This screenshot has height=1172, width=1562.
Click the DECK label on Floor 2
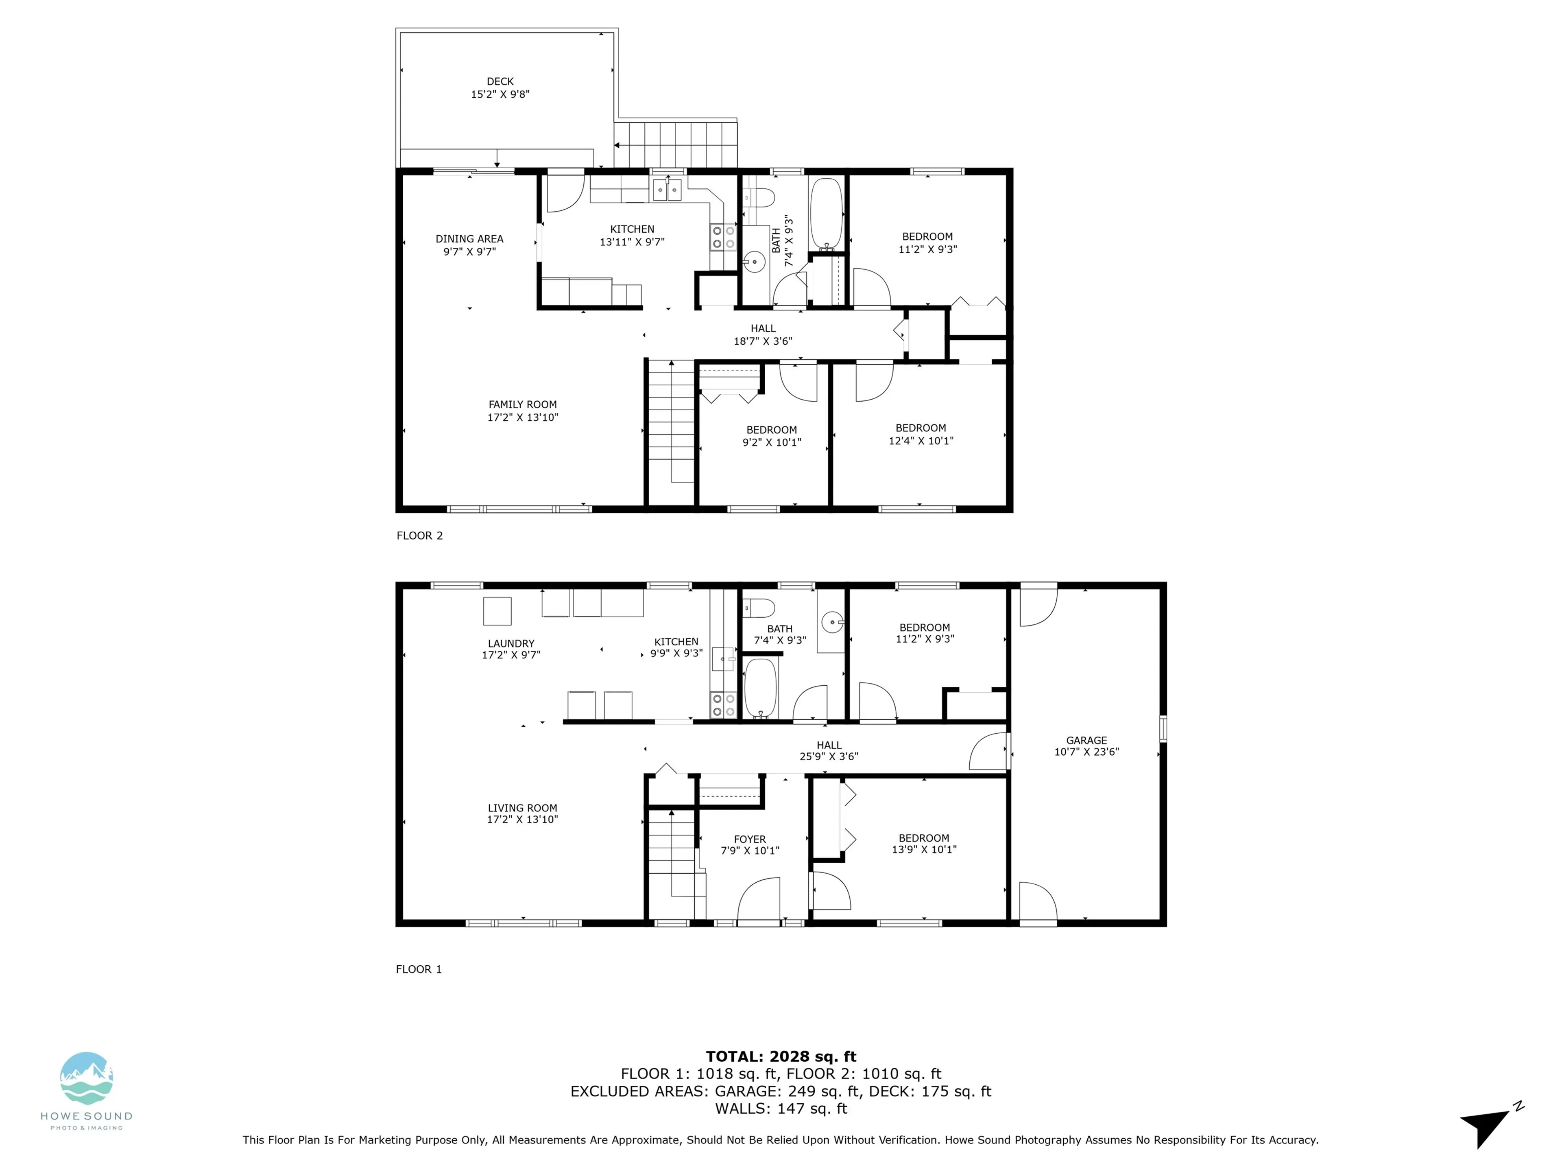click(x=500, y=82)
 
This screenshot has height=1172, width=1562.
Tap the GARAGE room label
click(x=1086, y=740)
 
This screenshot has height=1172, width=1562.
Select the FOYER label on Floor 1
click(x=749, y=839)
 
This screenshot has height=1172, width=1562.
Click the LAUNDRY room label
click(x=510, y=643)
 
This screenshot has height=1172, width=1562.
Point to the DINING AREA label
click(x=469, y=239)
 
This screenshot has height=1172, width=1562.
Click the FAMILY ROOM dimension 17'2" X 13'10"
click(x=523, y=418)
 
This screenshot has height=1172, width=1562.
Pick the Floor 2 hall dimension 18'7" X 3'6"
click(x=763, y=341)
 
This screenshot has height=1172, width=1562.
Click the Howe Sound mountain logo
click(x=86, y=1079)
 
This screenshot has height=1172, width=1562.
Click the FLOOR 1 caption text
click(x=419, y=969)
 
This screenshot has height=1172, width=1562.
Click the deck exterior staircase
click(x=675, y=145)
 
